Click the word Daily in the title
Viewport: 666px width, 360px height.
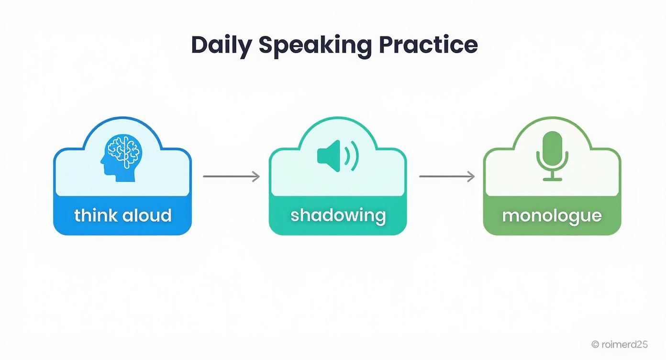point(221,45)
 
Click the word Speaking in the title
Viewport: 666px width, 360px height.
point(315,45)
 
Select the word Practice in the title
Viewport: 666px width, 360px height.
point(428,45)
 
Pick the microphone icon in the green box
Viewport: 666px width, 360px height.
point(552,156)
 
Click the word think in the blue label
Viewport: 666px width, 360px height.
point(95,215)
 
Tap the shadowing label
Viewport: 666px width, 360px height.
point(338,215)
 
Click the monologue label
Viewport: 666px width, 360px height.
point(552,215)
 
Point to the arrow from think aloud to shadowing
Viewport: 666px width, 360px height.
point(231,176)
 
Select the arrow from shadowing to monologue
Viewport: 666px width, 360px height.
point(446,176)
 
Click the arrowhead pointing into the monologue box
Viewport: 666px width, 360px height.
point(472,176)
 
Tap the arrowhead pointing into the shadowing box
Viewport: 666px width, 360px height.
point(256,176)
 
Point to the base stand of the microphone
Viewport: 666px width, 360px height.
point(553,179)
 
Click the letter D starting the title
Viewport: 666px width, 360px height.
point(198,45)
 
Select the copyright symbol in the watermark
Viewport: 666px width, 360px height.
point(595,344)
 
